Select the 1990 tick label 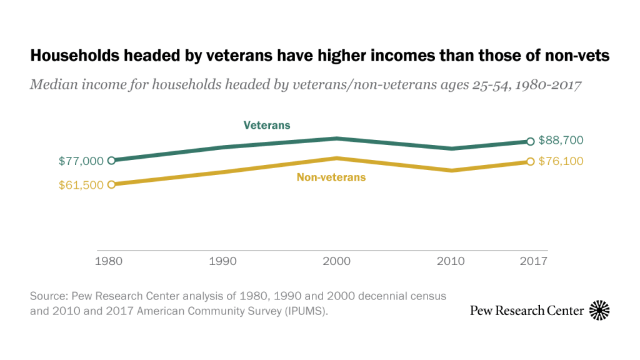click(x=223, y=261)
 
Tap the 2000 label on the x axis click(x=336, y=261)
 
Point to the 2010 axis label click(x=451, y=261)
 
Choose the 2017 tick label click(x=533, y=261)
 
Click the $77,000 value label click(x=81, y=161)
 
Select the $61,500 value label click(x=81, y=185)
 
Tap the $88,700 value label click(x=561, y=141)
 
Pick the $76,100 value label click(x=561, y=161)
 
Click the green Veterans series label click(x=267, y=125)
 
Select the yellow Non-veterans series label click(x=331, y=177)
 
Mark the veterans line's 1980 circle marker click(x=111, y=161)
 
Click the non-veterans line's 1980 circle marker click(x=111, y=184)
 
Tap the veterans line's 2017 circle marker click(x=531, y=141)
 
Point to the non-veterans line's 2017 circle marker click(x=531, y=161)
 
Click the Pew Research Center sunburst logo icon click(x=599, y=310)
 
